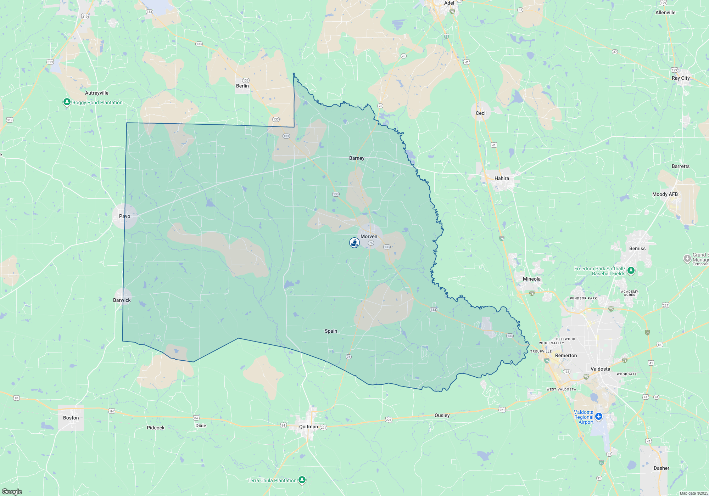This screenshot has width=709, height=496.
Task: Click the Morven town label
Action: click(x=369, y=236)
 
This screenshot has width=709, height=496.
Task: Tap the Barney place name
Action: click(x=357, y=158)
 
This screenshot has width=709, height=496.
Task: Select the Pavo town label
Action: click(x=124, y=216)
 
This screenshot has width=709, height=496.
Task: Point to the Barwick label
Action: click(x=122, y=300)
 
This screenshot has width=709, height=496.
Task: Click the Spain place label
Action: click(x=331, y=331)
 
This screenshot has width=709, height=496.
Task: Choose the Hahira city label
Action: click(x=502, y=178)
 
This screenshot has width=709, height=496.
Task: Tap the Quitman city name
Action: click(x=308, y=427)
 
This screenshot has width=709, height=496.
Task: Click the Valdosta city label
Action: click(x=600, y=369)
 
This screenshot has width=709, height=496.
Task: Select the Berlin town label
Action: click(x=242, y=86)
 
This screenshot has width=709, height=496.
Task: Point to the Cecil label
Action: click(x=481, y=113)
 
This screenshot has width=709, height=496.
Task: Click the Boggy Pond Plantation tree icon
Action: click(x=67, y=102)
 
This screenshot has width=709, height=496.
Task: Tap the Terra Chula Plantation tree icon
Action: click(x=302, y=480)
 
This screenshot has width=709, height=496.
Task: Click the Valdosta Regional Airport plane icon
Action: click(x=599, y=416)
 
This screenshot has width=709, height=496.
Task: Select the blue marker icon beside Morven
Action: click(x=354, y=242)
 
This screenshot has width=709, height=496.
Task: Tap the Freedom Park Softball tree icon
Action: click(x=631, y=271)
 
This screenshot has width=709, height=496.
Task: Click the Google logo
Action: click(x=12, y=491)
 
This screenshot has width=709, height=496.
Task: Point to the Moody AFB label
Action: click(x=665, y=194)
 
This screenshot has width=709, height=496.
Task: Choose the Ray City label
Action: click(x=681, y=78)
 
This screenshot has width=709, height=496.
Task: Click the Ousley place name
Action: click(x=442, y=415)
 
